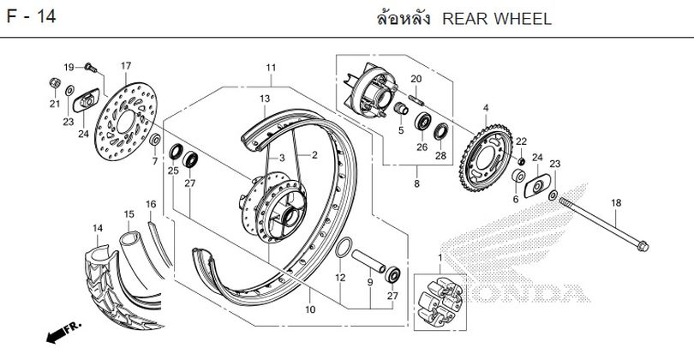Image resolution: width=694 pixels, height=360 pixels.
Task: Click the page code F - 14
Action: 33,18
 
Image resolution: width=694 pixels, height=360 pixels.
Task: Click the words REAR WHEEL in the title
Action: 497,19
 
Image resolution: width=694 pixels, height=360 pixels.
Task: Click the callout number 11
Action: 271,69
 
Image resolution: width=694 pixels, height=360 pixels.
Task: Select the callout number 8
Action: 416,183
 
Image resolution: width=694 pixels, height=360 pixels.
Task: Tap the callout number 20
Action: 416,80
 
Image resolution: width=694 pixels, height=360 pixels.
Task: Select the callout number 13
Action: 265,99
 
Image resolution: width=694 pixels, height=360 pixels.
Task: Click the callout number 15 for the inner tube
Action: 129,213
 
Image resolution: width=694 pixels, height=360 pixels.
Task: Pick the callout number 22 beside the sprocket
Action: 521,141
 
